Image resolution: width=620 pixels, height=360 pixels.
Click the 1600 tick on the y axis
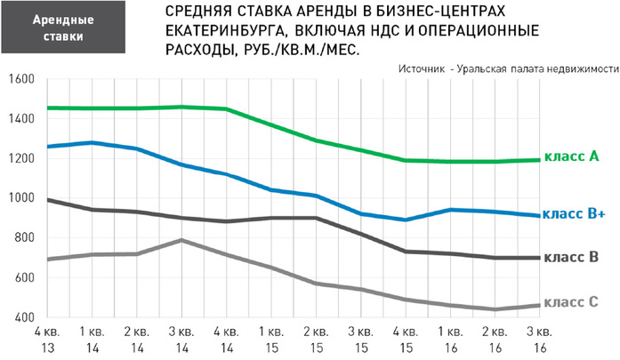point(19,80)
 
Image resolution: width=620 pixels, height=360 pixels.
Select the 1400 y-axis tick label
point(19,119)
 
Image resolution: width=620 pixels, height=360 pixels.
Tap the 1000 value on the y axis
point(19,199)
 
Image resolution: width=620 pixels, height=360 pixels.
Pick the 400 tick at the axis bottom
point(21,318)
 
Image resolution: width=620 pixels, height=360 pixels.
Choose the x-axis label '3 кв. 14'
point(181,340)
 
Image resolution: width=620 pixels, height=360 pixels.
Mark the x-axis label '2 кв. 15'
point(317,340)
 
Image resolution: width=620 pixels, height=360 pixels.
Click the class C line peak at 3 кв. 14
point(181,240)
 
